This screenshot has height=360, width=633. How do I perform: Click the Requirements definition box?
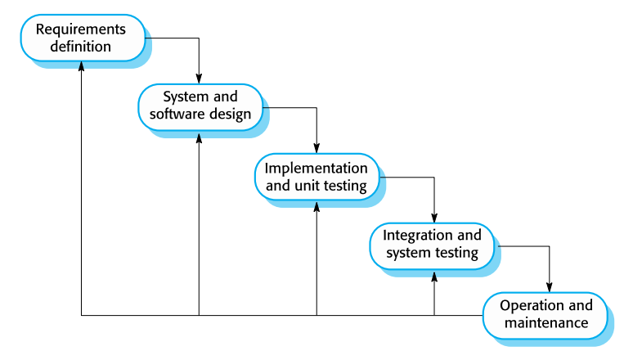[80, 38]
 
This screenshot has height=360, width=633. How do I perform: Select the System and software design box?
[200, 105]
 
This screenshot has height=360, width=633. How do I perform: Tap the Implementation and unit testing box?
[316, 177]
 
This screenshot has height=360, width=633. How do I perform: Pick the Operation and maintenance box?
[545, 314]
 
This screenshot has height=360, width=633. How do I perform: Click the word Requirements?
[80, 29]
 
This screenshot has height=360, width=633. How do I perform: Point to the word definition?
[80, 47]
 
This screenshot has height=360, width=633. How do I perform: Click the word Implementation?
[316, 169]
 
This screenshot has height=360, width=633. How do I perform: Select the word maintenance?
[545, 323]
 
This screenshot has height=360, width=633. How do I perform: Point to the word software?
[179, 114]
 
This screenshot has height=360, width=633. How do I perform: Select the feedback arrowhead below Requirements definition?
[81, 70]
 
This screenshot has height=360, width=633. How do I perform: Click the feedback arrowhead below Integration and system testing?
[433, 276]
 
